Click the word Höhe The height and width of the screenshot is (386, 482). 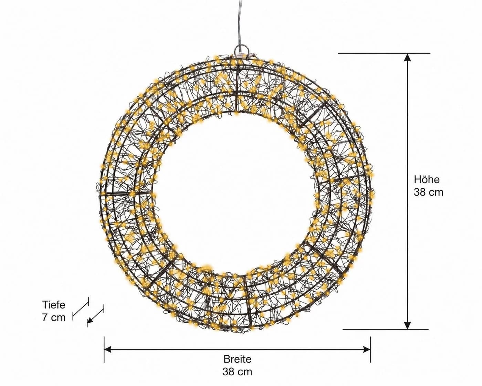point(427,179)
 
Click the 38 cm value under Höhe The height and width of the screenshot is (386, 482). point(428,192)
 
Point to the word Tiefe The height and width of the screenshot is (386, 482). point(54,305)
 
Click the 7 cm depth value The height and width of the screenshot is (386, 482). point(54,317)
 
